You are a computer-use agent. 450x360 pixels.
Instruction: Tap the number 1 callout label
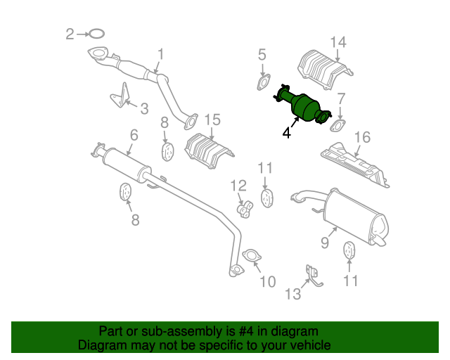160,53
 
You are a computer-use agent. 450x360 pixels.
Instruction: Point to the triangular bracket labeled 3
122,96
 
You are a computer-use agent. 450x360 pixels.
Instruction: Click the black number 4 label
286,131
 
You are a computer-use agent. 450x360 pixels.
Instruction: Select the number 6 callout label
134,134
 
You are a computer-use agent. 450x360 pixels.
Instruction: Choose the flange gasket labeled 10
250,256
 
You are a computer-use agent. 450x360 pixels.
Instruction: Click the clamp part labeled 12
244,207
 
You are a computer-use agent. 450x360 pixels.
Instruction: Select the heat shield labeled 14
323,69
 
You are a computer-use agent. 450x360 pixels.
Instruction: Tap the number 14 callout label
338,42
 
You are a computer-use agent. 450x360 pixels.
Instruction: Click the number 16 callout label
361,136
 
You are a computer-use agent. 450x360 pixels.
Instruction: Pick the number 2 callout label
70,33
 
